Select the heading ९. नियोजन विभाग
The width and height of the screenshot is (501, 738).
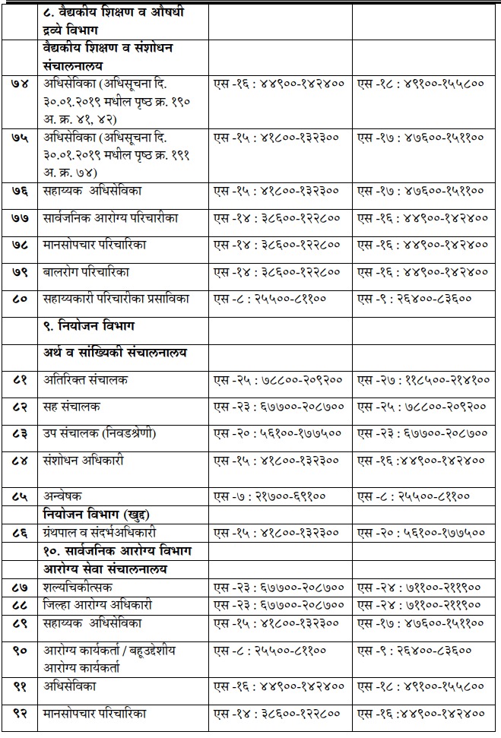tap(89, 326)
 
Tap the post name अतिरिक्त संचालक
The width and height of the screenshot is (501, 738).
tap(86, 379)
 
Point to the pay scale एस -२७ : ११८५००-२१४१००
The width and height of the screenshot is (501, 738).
tap(421, 379)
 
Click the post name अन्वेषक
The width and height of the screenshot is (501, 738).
tap(62, 496)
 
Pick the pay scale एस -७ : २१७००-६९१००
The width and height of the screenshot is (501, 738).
tap(270, 496)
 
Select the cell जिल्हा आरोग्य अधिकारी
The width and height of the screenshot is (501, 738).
tap(98, 605)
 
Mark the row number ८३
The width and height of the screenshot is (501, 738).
tap(21, 433)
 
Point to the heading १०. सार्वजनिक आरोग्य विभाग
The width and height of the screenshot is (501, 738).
tap(118, 550)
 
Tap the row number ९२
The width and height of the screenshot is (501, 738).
tap(21, 714)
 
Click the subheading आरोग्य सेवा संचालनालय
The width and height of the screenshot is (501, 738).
tap(106, 568)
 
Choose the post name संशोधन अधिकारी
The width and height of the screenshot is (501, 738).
tap(84, 460)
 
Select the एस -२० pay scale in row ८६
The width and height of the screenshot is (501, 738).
tap(421, 532)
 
